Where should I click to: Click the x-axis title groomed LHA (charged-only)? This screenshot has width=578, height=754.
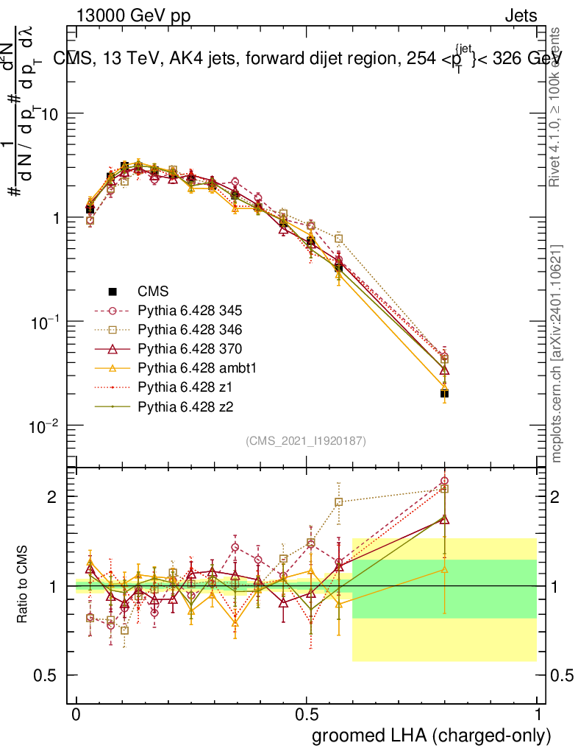(432, 735)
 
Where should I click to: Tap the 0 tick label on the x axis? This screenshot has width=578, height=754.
(76, 715)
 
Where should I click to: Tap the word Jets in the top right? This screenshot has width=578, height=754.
(520, 15)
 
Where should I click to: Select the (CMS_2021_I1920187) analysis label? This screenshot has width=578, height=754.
(306, 440)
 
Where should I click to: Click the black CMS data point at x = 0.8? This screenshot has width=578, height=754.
(444, 394)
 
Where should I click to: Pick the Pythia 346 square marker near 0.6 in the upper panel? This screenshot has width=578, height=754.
(338, 238)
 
